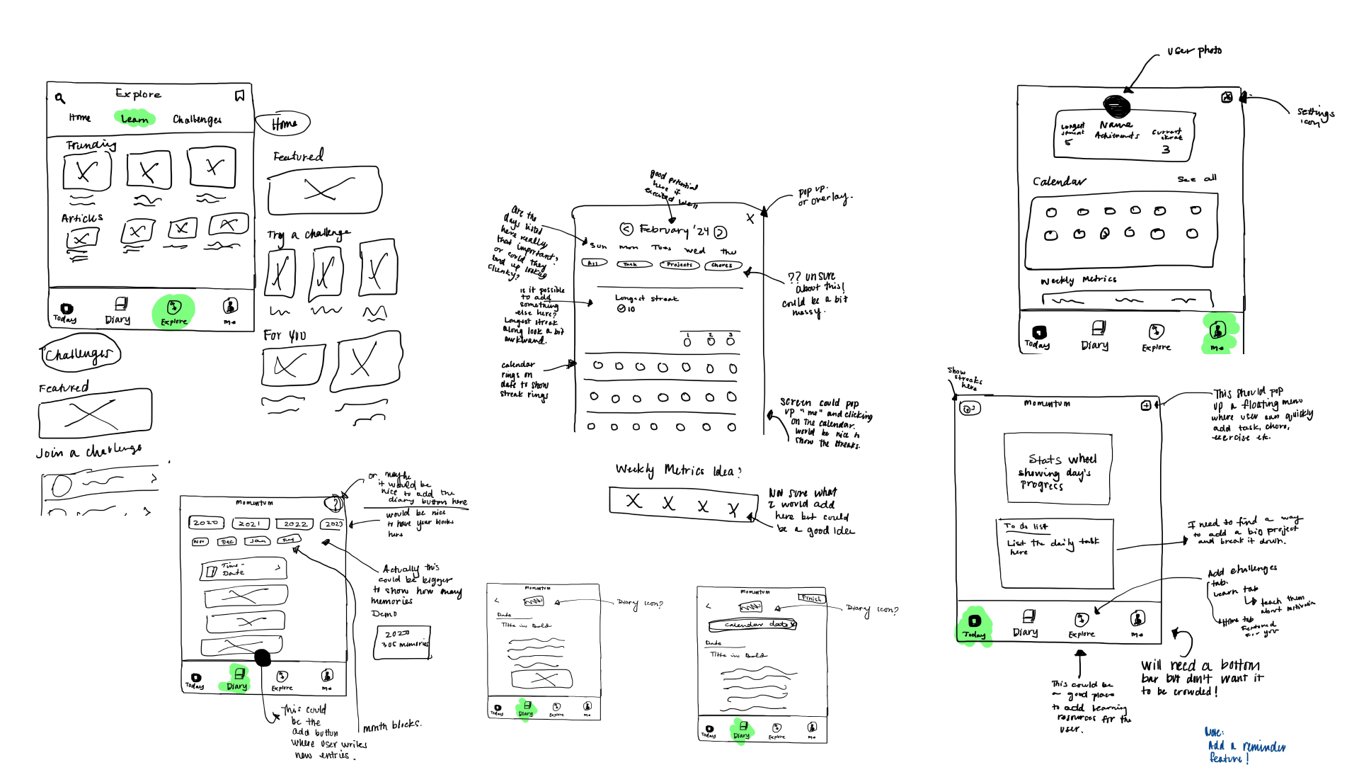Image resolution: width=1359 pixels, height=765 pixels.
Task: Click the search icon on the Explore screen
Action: pyautogui.click(x=60, y=98)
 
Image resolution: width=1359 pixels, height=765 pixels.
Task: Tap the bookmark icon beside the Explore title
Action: pyautogui.click(x=240, y=96)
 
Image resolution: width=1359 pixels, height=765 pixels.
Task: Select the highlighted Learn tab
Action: pyautogui.click(x=134, y=118)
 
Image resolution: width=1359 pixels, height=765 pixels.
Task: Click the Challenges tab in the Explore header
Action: pyautogui.click(x=197, y=120)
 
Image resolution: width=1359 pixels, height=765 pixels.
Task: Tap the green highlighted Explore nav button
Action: pyautogui.click(x=173, y=311)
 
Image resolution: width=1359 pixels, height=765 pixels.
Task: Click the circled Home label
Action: pyautogui.click(x=283, y=124)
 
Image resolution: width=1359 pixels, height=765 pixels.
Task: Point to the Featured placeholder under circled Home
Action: pyautogui.click(x=325, y=190)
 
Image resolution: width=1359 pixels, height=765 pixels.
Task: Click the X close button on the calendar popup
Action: pyautogui.click(x=750, y=218)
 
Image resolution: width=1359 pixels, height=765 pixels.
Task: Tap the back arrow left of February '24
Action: pyautogui.click(x=626, y=229)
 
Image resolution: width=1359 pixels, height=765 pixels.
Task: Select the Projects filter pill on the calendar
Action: pyautogui.click(x=679, y=265)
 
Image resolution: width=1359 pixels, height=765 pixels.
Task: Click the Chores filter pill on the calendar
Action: pyautogui.click(x=722, y=266)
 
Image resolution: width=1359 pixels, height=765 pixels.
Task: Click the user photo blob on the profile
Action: pyautogui.click(x=1116, y=106)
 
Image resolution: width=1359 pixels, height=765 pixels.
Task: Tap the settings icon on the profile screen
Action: pyautogui.click(x=1227, y=97)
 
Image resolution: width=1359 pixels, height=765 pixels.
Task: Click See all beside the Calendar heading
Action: pyautogui.click(x=1197, y=178)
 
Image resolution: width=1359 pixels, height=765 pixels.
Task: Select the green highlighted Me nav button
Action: pyautogui.click(x=1218, y=333)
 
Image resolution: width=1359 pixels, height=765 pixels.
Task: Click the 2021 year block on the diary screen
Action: pyautogui.click(x=250, y=523)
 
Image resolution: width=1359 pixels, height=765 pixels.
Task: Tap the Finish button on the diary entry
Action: pyautogui.click(x=811, y=599)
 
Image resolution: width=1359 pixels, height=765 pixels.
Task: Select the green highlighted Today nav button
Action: pyautogui.click(x=975, y=624)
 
